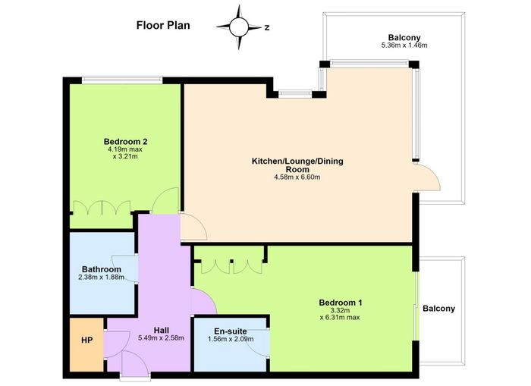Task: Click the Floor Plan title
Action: pyautogui.click(x=163, y=25)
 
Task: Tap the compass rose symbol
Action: pyautogui.click(x=239, y=27)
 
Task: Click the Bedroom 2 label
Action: pyautogui.click(x=125, y=142)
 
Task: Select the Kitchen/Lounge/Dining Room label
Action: pyautogui.click(x=297, y=165)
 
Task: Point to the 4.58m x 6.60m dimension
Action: pyautogui.click(x=297, y=177)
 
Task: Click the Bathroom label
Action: pyautogui.click(x=102, y=269)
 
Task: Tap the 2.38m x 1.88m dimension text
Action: pyautogui.click(x=101, y=278)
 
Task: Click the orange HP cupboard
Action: pyautogui.click(x=86, y=344)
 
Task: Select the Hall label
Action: pyautogui.click(x=161, y=330)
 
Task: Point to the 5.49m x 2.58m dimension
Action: pyautogui.click(x=161, y=337)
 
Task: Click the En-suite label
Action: pyautogui.click(x=231, y=331)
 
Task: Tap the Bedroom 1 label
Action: pyautogui.click(x=341, y=303)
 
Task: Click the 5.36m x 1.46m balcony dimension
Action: pyautogui.click(x=404, y=45)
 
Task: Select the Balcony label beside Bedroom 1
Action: pyautogui.click(x=439, y=309)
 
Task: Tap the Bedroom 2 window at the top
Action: pyautogui.click(x=122, y=80)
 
